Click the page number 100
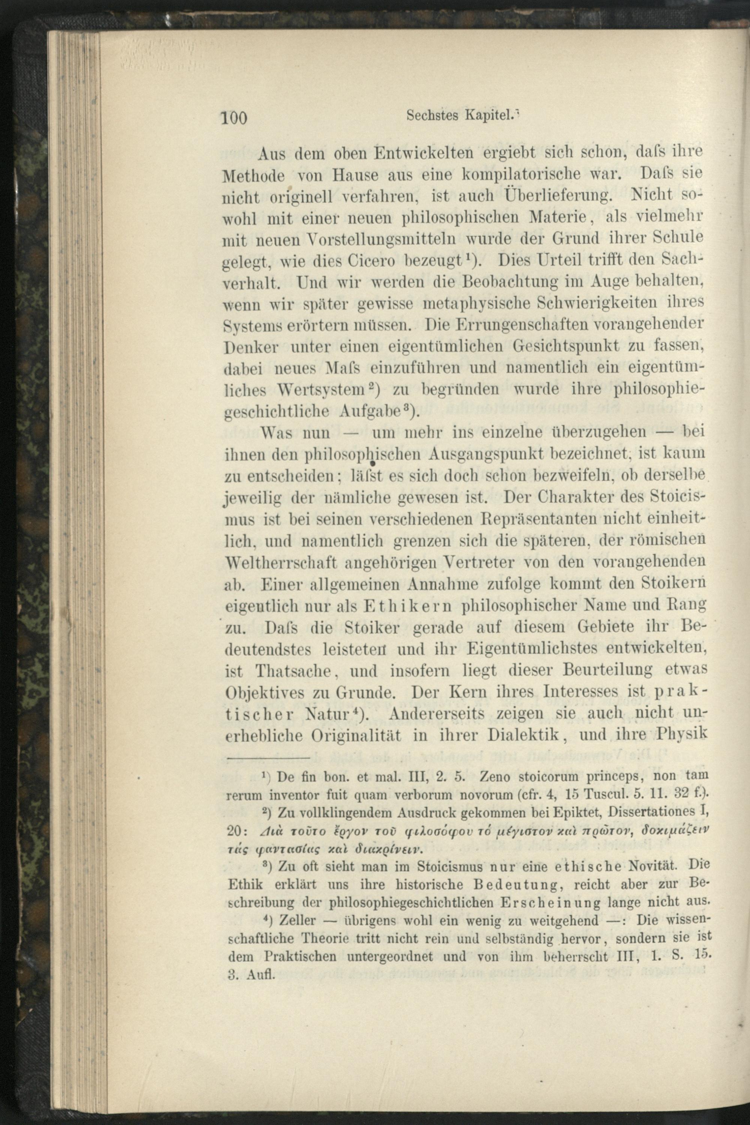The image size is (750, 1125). [x=233, y=116]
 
